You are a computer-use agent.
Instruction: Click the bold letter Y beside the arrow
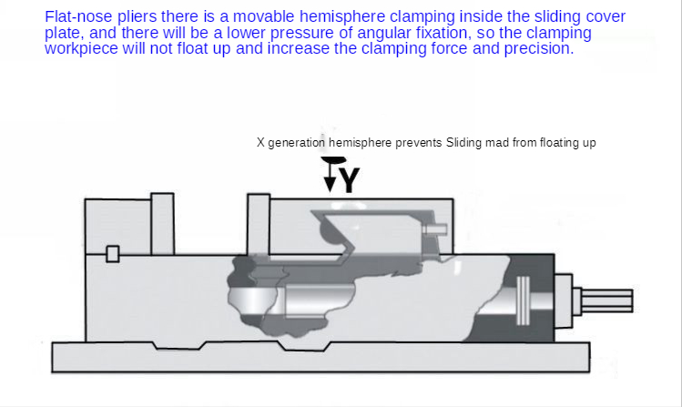pyautogui.click(x=350, y=180)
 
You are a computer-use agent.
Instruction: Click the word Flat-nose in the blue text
pyautogui.click(x=78, y=16)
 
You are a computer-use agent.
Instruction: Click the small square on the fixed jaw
pyautogui.click(x=113, y=254)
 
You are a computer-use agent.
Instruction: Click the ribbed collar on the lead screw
pyautogui.click(x=523, y=300)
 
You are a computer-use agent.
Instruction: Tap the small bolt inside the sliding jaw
pyautogui.click(x=435, y=229)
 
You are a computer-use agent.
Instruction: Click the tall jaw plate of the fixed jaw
pyautogui.click(x=162, y=224)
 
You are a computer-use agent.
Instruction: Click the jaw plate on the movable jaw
pyautogui.click(x=259, y=224)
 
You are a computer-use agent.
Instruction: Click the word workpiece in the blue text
pyautogui.click(x=81, y=48)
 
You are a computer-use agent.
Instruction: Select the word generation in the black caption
pyautogui.click(x=296, y=143)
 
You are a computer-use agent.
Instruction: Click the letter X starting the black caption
pyautogui.click(x=260, y=143)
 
